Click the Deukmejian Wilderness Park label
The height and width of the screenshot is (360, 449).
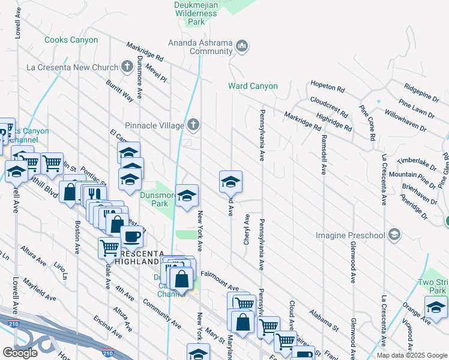click(196, 13)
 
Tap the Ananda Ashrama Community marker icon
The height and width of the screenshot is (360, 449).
click(242, 46)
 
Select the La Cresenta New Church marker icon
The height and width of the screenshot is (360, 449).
click(127, 66)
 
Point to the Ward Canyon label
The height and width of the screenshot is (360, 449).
click(253, 86)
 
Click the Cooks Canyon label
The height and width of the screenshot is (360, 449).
click(71, 40)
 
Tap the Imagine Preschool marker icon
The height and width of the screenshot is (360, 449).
click(394, 233)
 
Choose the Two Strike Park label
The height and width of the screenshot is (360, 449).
click(433, 286)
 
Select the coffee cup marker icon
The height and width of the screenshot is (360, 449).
click(132, 236)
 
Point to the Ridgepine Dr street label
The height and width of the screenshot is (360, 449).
click(421, 92)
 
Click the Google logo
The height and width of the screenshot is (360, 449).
click(20, 353)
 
